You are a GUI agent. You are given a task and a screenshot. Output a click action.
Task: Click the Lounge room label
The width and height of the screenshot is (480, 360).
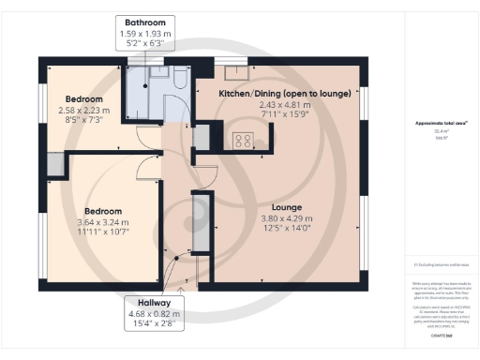(285, 205)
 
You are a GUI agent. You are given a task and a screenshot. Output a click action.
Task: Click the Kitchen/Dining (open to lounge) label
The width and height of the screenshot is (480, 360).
(284, 94)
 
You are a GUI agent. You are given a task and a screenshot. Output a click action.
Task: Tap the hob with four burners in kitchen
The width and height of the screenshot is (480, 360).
(246, 142)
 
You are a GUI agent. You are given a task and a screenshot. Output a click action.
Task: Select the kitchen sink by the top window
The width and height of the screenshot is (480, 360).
(234, 69)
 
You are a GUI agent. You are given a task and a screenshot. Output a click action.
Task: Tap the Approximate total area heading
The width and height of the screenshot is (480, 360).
(440, 123)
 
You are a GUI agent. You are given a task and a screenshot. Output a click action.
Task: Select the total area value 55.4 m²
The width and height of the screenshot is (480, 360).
(440, 131)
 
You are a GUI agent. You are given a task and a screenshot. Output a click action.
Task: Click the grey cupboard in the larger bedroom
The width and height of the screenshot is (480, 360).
(53, 165)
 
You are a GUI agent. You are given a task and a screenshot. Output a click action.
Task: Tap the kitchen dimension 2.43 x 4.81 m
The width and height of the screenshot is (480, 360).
(284, 105)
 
